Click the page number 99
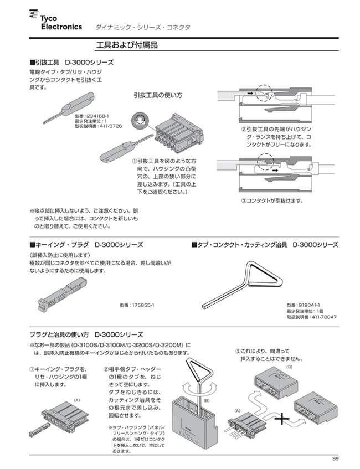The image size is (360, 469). (335, 458)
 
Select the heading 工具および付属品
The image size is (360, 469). (127, 45)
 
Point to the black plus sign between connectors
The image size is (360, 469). (285, 419)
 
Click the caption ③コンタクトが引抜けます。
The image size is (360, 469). (272, 200)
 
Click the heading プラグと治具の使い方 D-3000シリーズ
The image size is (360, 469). (86, 334)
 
